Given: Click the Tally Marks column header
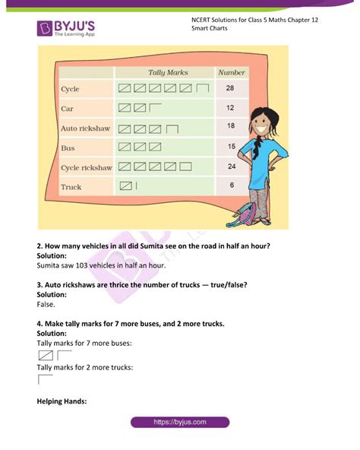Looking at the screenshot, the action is [167, 72].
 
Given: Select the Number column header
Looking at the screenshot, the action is [231, 72].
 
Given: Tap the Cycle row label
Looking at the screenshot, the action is [70, 90].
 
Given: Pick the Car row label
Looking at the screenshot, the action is [67, 109].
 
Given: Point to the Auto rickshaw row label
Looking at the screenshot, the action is [85, 128].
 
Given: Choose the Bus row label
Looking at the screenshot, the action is [68, 147].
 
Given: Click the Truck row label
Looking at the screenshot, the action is [71, 186].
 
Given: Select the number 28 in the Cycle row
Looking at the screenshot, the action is [230, 89].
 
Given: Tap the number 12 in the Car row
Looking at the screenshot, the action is [230, 108].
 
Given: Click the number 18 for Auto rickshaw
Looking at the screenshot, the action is [230, 126].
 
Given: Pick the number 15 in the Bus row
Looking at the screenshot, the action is [230, 146].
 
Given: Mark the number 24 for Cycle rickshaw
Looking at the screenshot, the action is [230, 166].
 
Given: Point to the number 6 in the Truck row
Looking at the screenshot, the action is [231, 185].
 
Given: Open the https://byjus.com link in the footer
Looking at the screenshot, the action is [179, 422].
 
